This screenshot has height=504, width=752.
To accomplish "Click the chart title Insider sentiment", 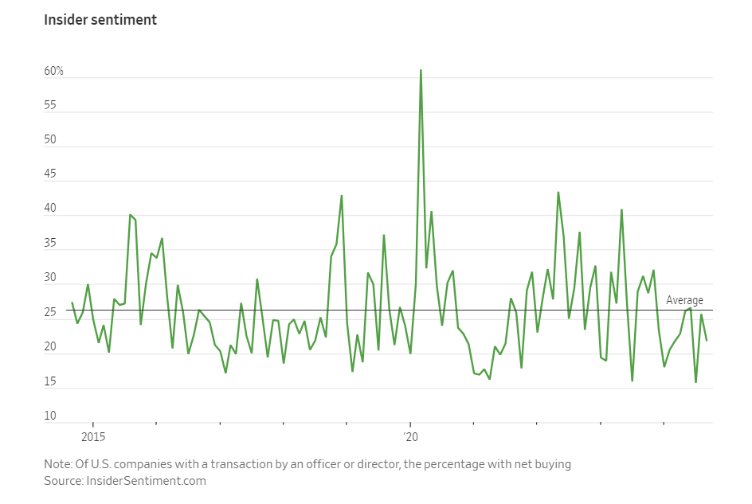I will click(x=100, y=20).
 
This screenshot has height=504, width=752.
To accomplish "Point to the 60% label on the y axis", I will click(x=53, y=72).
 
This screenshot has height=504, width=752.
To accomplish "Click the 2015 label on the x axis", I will click(x=92, y=437).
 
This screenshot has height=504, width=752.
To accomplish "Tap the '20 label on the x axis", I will click(x=410, y=437).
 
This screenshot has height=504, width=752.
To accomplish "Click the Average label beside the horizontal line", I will click(x=684, y=300).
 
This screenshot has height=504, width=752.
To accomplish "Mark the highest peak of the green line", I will click(x=421, y=70).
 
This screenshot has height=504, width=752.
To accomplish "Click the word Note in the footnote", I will click(x=58, y=464).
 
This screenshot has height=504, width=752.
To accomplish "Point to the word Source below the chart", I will click(x=63, y=481).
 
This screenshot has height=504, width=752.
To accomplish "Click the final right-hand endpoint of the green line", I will click(x=707, y=340).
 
